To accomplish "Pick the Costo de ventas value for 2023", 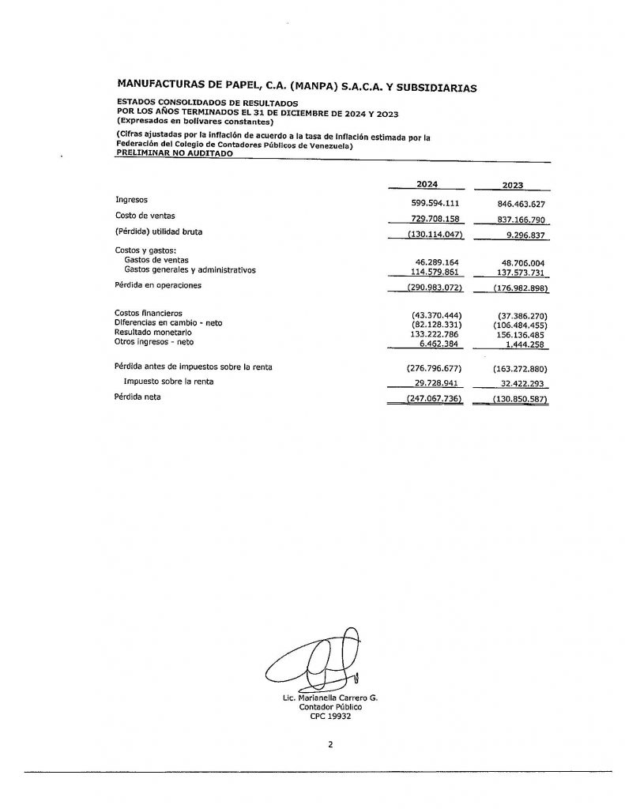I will point(518,220).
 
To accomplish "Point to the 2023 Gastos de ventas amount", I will point(518,262).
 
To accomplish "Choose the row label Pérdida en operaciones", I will point(158,285).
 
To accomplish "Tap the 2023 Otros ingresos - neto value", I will point(526,343).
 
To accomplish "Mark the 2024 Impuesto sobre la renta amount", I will point(434,382).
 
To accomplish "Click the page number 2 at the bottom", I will point(330,744).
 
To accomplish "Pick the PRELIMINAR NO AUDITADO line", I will point(175,154).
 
